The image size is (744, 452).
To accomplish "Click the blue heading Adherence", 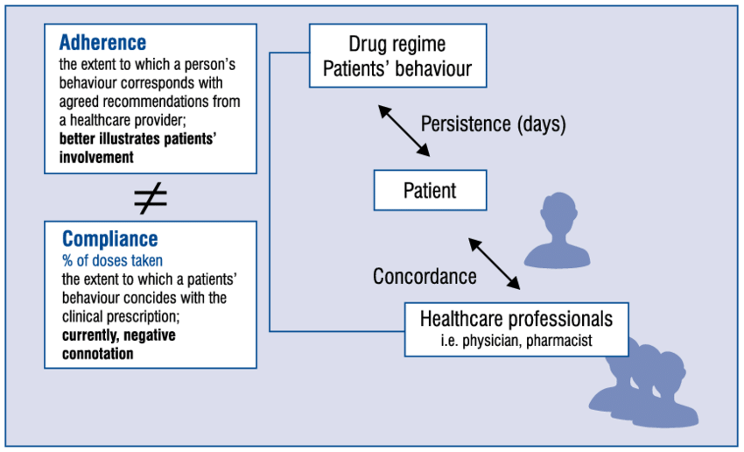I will pyautogui.click(x=102, y=42).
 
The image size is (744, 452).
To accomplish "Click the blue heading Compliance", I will pyautogui.click(x=109, y=239).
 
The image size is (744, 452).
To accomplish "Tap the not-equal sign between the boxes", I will pyautogui.click(x=150, y=199).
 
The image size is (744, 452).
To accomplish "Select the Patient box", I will pyautogui.click(x=430, y=190).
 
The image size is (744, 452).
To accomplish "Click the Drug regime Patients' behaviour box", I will pyautogui.click(x=397, y=56).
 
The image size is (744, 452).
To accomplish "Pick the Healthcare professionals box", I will pyautogui.click(x=516, y=328).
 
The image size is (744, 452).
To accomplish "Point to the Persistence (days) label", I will pyautogui.click(x=493, y=124).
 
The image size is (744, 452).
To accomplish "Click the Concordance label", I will pyautogui.click(x=425, y=276).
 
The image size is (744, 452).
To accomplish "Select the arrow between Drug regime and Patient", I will pyautogui.click(x=404, y=130).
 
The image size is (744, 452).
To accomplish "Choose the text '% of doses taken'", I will pyautogui.click(x=112, y=260).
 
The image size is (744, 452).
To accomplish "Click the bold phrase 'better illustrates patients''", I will pyautogui.click(x=149, y=139).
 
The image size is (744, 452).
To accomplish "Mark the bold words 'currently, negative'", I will pyautogui.click(x=123, y=335).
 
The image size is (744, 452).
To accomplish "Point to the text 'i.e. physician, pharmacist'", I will pyautogui.click(x=516, y=342).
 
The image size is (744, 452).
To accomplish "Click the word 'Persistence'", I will pyautogui.click(x=462, y=124).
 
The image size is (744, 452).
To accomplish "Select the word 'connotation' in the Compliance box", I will pyautogui.click(x=97, y=354).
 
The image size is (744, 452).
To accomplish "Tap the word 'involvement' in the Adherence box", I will pyautogui.click(x=96, y=158).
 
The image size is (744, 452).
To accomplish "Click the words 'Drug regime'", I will pyautogui.click(x=397, y=44).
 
